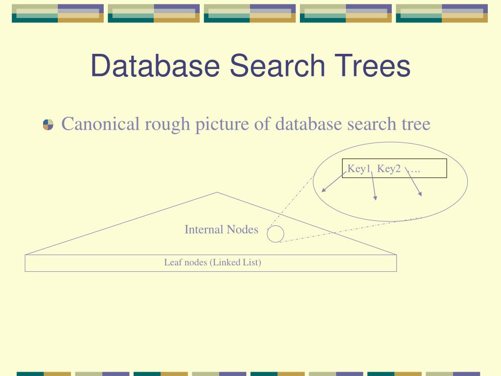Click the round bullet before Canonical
click(48, 125)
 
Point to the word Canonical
click(101, 124)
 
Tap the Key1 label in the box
click(359, 169)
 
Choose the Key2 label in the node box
click(389, 169)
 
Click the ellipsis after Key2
click(414, 169)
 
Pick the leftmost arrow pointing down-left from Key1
click(333, 181)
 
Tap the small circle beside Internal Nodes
click(275, 234)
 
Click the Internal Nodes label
click(221, 230)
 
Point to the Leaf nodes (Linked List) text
click(212, 262)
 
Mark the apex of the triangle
click(217, 192)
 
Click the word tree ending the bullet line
click(416, 124)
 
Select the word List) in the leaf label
click(252, 262)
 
